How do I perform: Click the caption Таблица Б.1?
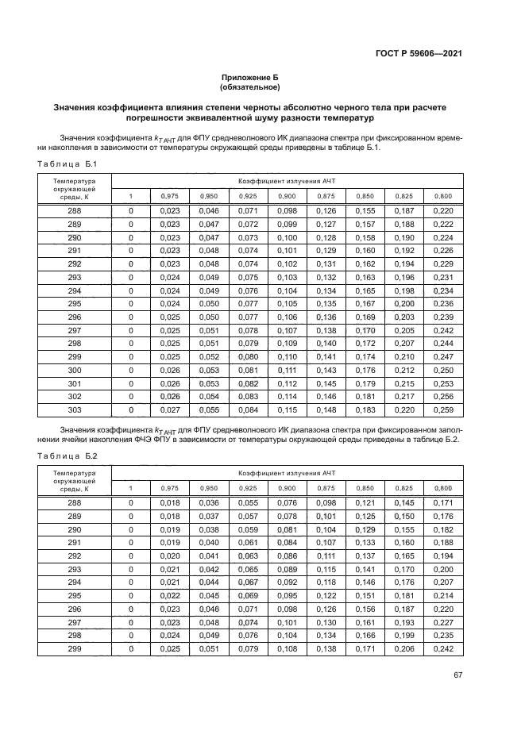(67, 163)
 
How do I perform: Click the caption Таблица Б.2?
(67, 456)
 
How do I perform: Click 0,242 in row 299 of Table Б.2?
(443, 648)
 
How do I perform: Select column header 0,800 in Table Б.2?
(443, 488)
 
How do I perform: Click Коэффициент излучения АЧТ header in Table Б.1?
(287, 180)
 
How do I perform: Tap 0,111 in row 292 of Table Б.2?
(326, 556)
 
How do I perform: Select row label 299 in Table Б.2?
(74, 648)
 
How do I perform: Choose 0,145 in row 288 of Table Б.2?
(404, 502)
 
